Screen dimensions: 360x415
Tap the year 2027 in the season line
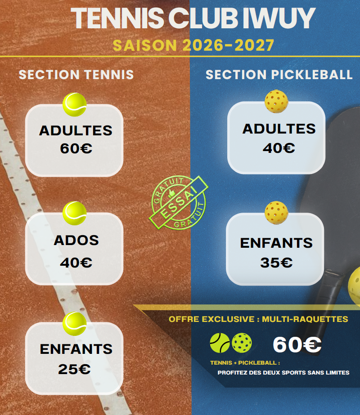[254, 45]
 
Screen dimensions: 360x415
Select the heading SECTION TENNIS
[76, 75]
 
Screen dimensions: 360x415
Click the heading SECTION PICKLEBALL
[279, 75]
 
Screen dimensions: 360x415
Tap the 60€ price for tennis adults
[76, 148]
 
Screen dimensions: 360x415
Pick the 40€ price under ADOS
[76, 263]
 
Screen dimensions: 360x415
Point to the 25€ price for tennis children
[74, 369]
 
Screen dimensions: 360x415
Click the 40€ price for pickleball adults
[279, 147]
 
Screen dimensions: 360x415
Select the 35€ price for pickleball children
[277, 263]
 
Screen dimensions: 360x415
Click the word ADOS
[76, 240]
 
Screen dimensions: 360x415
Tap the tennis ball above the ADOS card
[74, 213]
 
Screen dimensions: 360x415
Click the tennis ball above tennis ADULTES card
[74, 105]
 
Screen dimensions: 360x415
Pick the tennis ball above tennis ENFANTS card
[74, 324]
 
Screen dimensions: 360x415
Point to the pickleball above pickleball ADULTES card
[276, 102]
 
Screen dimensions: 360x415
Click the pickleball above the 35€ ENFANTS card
[276, 213]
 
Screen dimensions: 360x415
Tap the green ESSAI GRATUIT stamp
[179, 202]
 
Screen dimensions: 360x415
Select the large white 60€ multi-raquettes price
[297, 344]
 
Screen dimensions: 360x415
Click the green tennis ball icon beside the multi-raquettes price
[220, 343]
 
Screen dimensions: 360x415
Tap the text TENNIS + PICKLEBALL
[245, 362]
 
